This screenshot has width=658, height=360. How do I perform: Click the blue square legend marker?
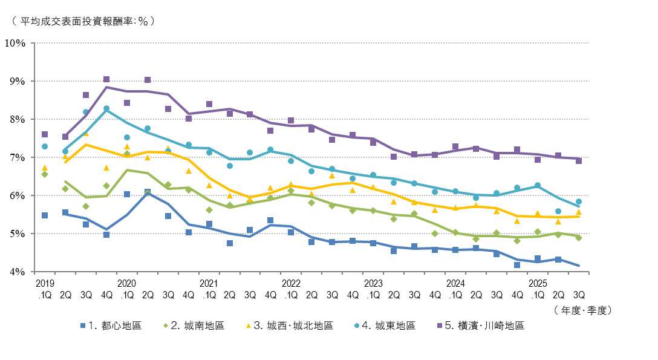pyautogui.click(x=83, y=326)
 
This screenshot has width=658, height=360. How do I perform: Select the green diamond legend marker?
pyautogui.click(x=166, y=326)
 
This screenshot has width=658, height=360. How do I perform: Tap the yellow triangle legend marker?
pyautogui.click(x=248, y=326)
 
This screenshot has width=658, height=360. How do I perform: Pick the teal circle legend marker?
pyautogui.click(x=357, y=326)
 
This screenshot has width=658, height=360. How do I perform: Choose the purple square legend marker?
pyautogui.click(x=440, y=326)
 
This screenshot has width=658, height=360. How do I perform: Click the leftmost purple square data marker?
pyautogui.click(x=45, y=134)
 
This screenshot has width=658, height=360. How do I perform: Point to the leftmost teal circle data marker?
pyautogui.click(x=45, y=146)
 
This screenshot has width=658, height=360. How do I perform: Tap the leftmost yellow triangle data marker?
pyautogui.click(x=45, y=168)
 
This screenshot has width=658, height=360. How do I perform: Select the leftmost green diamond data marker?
pyautogui.click(x=45, y=174)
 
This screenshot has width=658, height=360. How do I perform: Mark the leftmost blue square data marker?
pyautogui.click(x=45, y=215)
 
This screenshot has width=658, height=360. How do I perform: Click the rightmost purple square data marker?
pyautogui.click(x=579, y=161)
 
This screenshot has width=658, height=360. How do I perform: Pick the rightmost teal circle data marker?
pyautogui.click(x=579, y=201)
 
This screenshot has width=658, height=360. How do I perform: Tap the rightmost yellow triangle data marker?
pyautogui.click(x=579, y=212)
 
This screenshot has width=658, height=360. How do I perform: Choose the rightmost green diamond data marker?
pyautogui.click(x=579, y=238)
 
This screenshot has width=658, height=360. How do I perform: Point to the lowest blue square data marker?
pyautogui.click(x=517, y=265)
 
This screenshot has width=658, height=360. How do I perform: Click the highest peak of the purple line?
pyautogui.click(x=106, y=87)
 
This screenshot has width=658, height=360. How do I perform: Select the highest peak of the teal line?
pyautogui.click(x=106, y=109)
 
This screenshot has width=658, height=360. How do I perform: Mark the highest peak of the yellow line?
pyautogui.click(x=86, y=144)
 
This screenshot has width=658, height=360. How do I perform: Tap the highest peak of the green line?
pyautogui.click(x=127, y=170)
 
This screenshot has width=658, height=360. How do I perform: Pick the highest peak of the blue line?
pyautogui.click(x=148, y=193)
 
